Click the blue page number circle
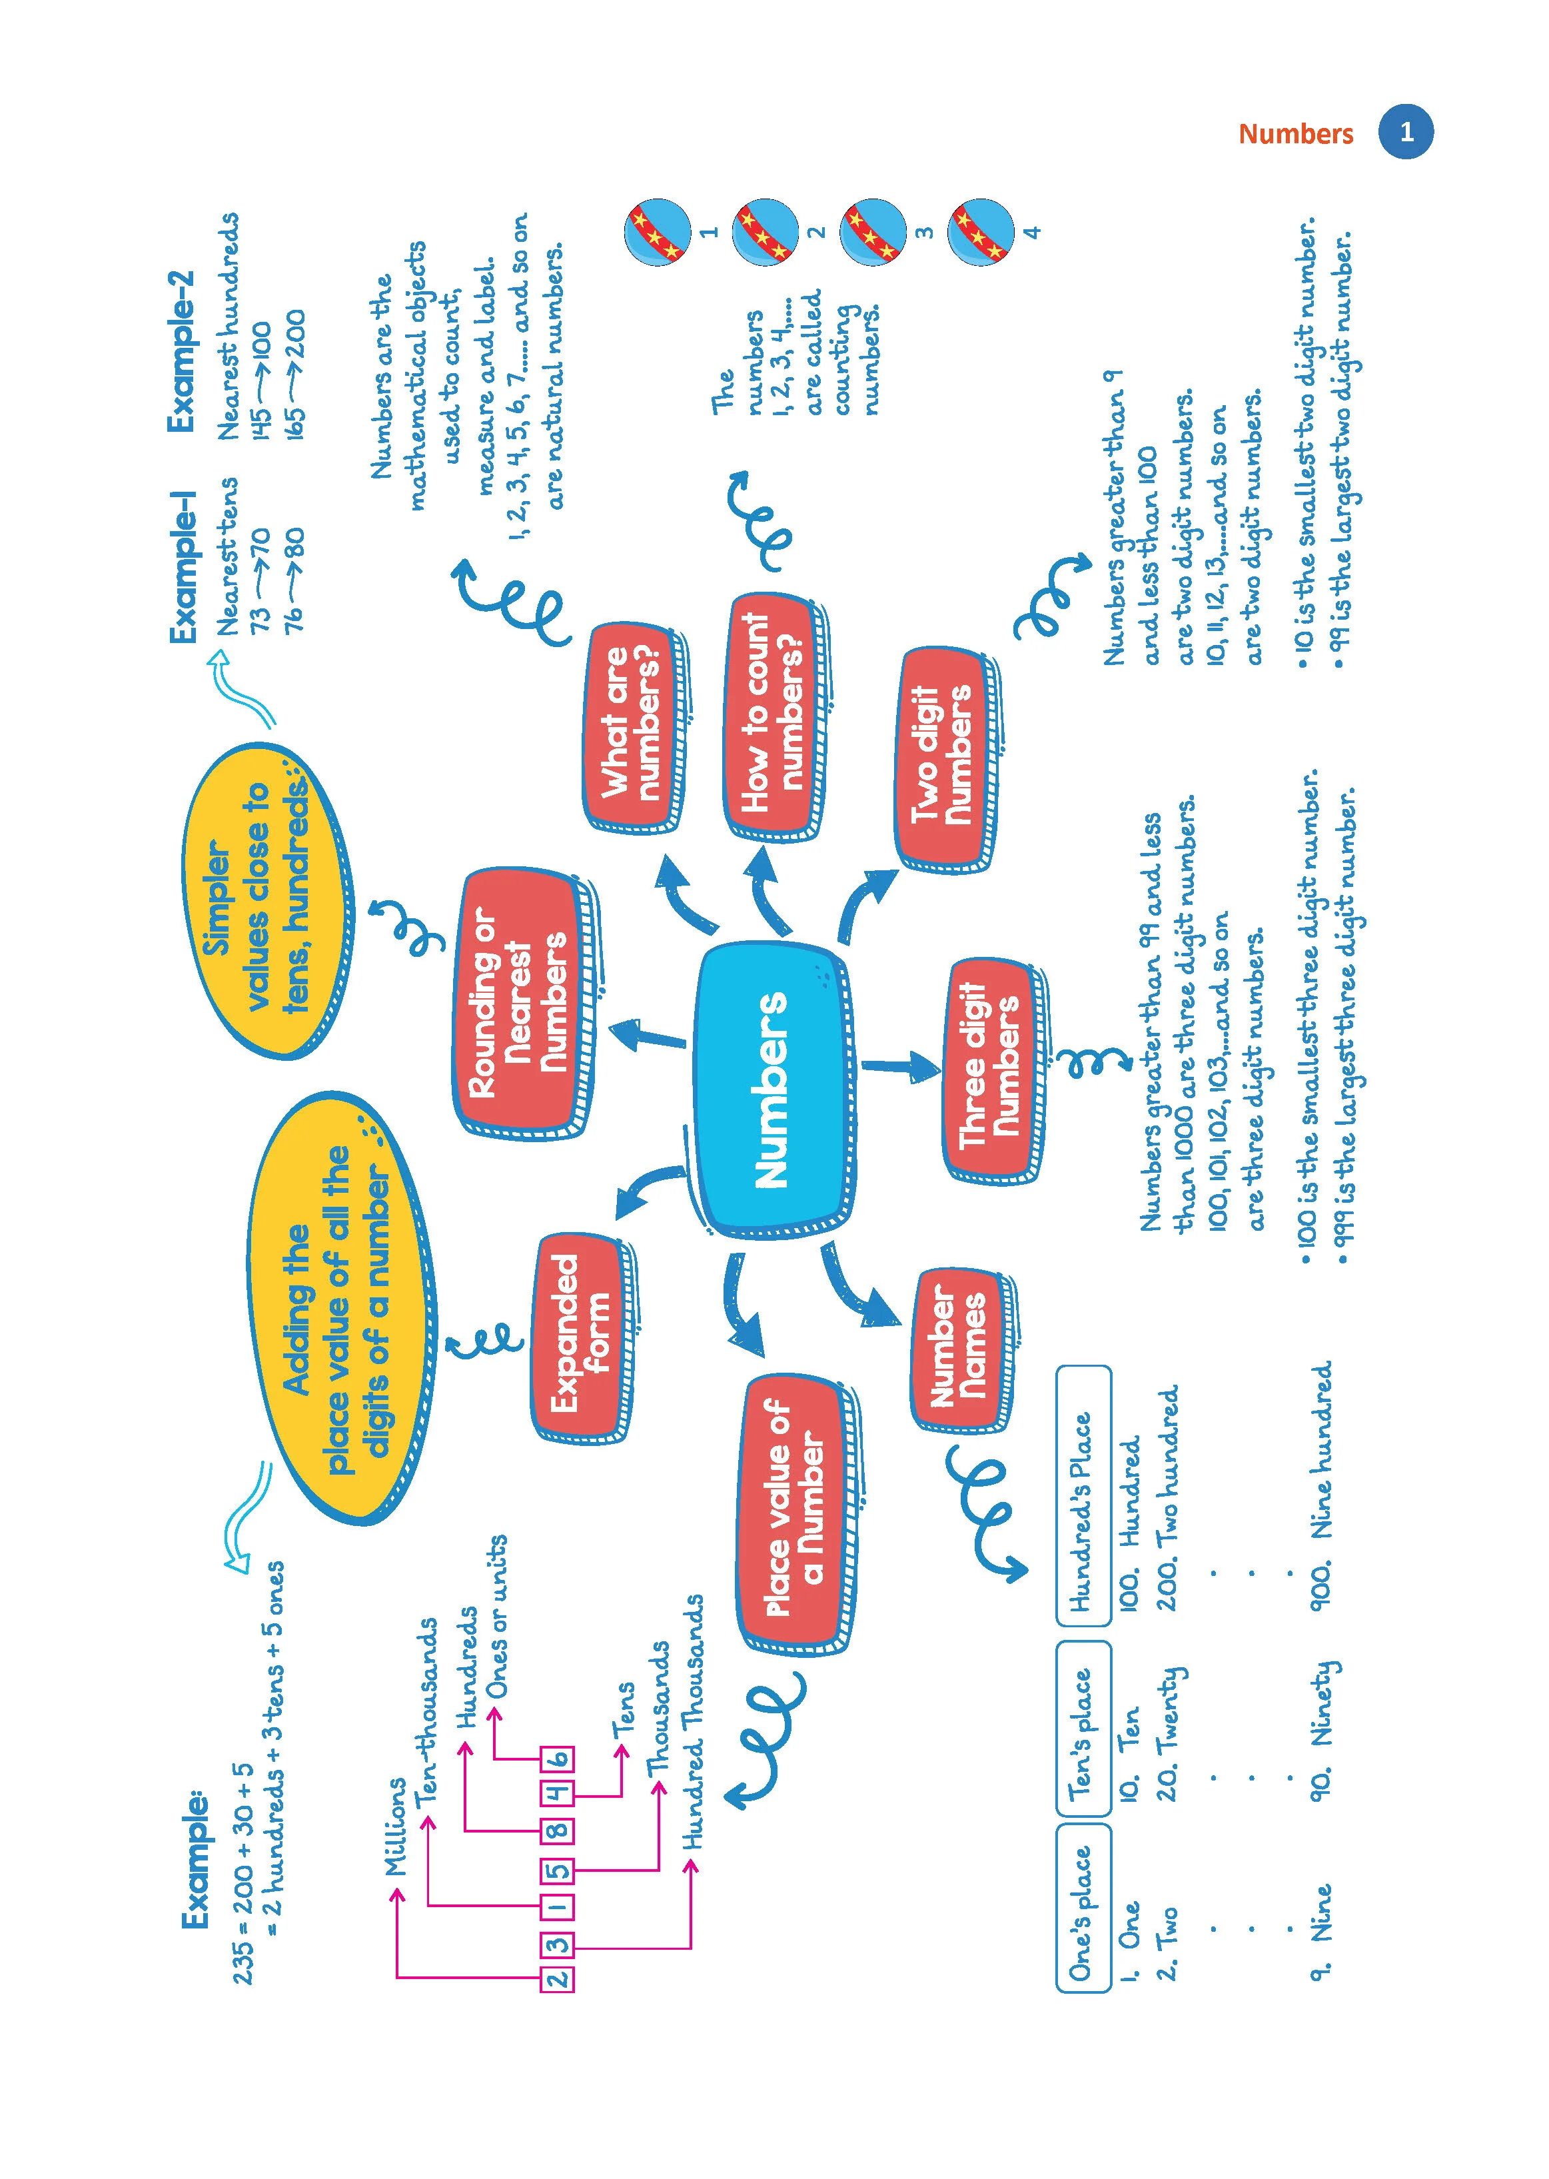tap(1406, 132)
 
